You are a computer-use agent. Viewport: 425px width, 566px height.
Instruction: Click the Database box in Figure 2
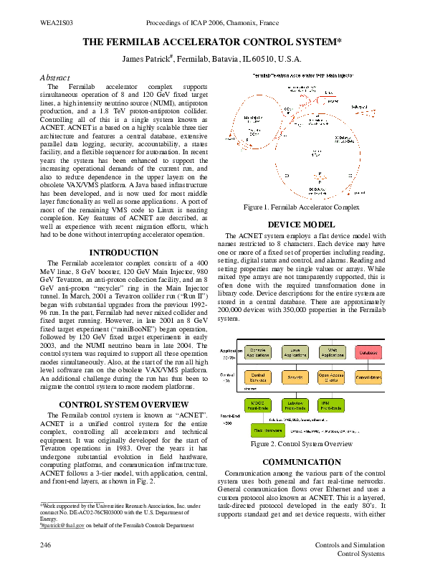(368, 354)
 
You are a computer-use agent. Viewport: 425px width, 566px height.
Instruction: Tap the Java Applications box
(295, 354)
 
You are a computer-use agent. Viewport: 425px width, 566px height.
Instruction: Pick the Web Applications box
(332, 354)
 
